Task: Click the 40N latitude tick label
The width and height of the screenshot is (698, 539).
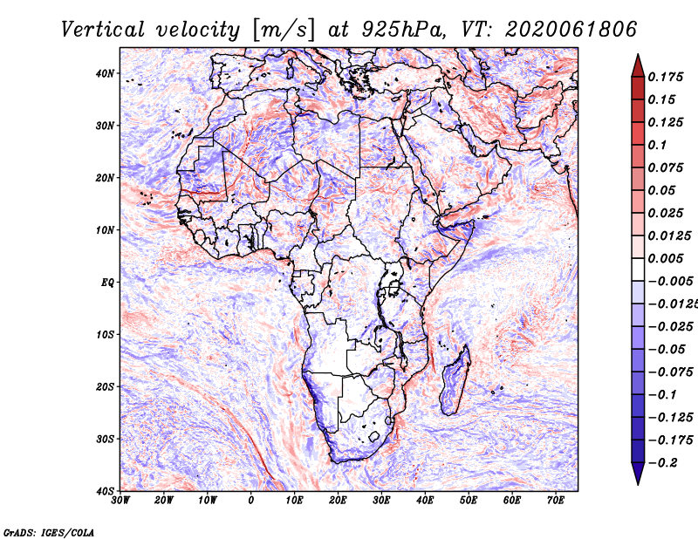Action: [105, 73]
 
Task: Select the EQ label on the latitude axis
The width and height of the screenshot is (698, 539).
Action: [107, 283]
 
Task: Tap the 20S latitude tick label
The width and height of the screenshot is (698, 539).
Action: [105, 386]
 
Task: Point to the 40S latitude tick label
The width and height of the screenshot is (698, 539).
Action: [105, 491]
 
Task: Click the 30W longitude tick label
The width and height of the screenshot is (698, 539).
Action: [120, 501]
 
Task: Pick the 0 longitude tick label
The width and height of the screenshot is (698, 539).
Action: [251, 501]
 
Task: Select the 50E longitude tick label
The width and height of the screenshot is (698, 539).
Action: [469, 501]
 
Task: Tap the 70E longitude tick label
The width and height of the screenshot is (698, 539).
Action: [556, 501]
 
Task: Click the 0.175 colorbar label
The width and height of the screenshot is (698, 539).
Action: [666, 77]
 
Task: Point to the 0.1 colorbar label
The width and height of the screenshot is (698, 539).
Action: [658, 145]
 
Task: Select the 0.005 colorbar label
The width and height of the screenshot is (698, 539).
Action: [666, 258]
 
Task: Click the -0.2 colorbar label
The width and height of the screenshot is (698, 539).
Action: [662, 463]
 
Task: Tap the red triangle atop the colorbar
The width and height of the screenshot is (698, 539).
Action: [638, 67]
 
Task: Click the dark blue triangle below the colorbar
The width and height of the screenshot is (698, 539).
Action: [638, 473]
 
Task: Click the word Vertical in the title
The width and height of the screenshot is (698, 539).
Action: [103, 30]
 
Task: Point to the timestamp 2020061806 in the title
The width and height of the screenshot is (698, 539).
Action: [571, 30]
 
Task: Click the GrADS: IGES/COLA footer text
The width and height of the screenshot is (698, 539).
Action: [49, 532]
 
